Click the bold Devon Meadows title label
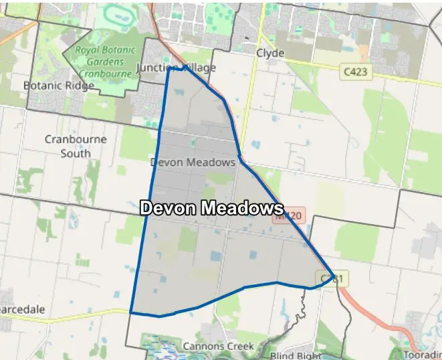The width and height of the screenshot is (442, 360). (x=211, y=208)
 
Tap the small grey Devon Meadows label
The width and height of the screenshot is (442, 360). (x=193, y=163)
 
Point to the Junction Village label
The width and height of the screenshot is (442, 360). (x=176, y=68)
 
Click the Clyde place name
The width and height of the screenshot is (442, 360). (x=270, y=54)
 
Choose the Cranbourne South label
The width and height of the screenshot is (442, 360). (x=68, y=146)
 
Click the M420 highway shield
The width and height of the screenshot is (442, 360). (x=290, y=216)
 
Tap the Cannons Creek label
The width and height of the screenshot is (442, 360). (x=218, y=347)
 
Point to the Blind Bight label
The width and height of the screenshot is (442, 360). (x=294, y=355)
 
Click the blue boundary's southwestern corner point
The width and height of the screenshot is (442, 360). (x=130, y=312)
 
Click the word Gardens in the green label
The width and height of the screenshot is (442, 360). (x=105, y=61)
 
